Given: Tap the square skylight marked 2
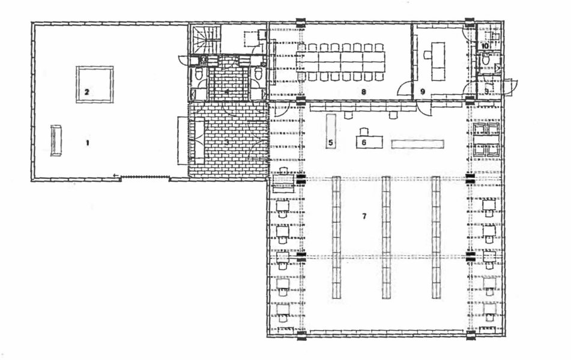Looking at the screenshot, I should (x=95, y=85).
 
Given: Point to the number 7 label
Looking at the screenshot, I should (x=364, y=216).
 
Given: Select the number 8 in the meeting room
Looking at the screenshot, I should (x=363, y=92).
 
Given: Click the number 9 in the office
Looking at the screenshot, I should (x=423, y=92).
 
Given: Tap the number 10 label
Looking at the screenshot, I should (x=484, y=46).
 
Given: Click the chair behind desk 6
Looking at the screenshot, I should (x=363, y=131).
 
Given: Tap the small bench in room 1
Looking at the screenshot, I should (x=56, y=140).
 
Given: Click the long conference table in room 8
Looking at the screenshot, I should (x=341, y=62).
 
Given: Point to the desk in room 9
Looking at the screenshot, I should (x=438, y=61).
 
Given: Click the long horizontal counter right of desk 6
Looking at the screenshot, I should (x=417, y=144).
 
